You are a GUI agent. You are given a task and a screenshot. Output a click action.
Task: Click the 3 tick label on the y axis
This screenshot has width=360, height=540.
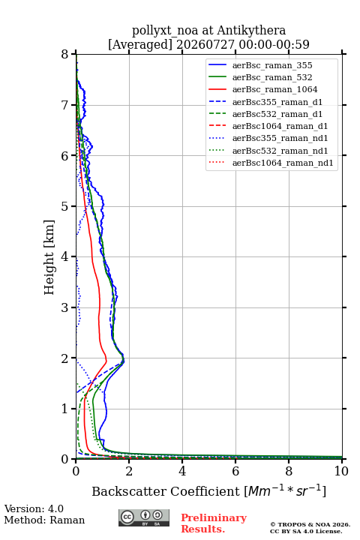pos(64,307)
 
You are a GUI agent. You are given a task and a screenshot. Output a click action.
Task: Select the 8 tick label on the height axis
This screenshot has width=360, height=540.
pos(64,55)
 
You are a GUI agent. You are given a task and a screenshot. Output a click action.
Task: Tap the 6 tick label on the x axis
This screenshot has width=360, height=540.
pos(235,471)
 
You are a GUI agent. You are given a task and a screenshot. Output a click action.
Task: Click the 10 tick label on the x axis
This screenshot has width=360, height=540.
pos(341,471)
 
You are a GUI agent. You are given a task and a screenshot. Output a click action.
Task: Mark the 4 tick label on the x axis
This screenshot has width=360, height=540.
pos(182,471)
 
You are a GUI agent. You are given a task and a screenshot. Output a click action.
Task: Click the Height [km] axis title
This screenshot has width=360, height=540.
pos(49,257)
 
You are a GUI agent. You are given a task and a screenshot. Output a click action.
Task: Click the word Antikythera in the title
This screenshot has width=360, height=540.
pos(251,31)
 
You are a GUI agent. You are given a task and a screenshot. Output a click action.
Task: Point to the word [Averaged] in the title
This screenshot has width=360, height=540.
pos(139,44)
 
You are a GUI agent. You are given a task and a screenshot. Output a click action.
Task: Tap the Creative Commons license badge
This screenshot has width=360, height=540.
pos(144,518)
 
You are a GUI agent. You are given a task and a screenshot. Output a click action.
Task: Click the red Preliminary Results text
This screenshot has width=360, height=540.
pos(214,523)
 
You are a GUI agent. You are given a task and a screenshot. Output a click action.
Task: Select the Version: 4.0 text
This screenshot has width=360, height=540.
pos(34,508)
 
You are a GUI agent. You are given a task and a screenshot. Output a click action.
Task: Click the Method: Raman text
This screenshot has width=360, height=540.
pos(44,520)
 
